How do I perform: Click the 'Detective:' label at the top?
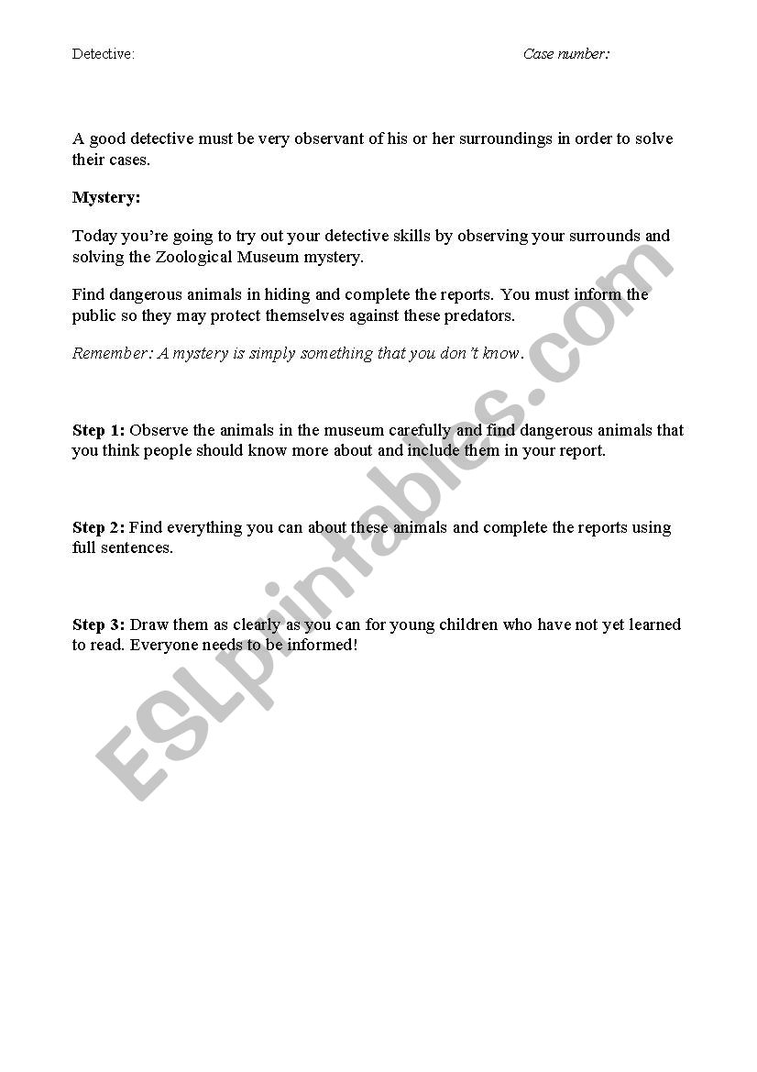coord(104,54)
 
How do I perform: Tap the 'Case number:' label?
coord(566,54)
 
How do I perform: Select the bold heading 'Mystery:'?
coord(106,197)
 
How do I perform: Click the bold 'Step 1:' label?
coord(99,430)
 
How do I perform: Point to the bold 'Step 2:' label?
coord(99,527)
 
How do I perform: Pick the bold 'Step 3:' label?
coord(99,624)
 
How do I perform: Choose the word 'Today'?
coord(94,236)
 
